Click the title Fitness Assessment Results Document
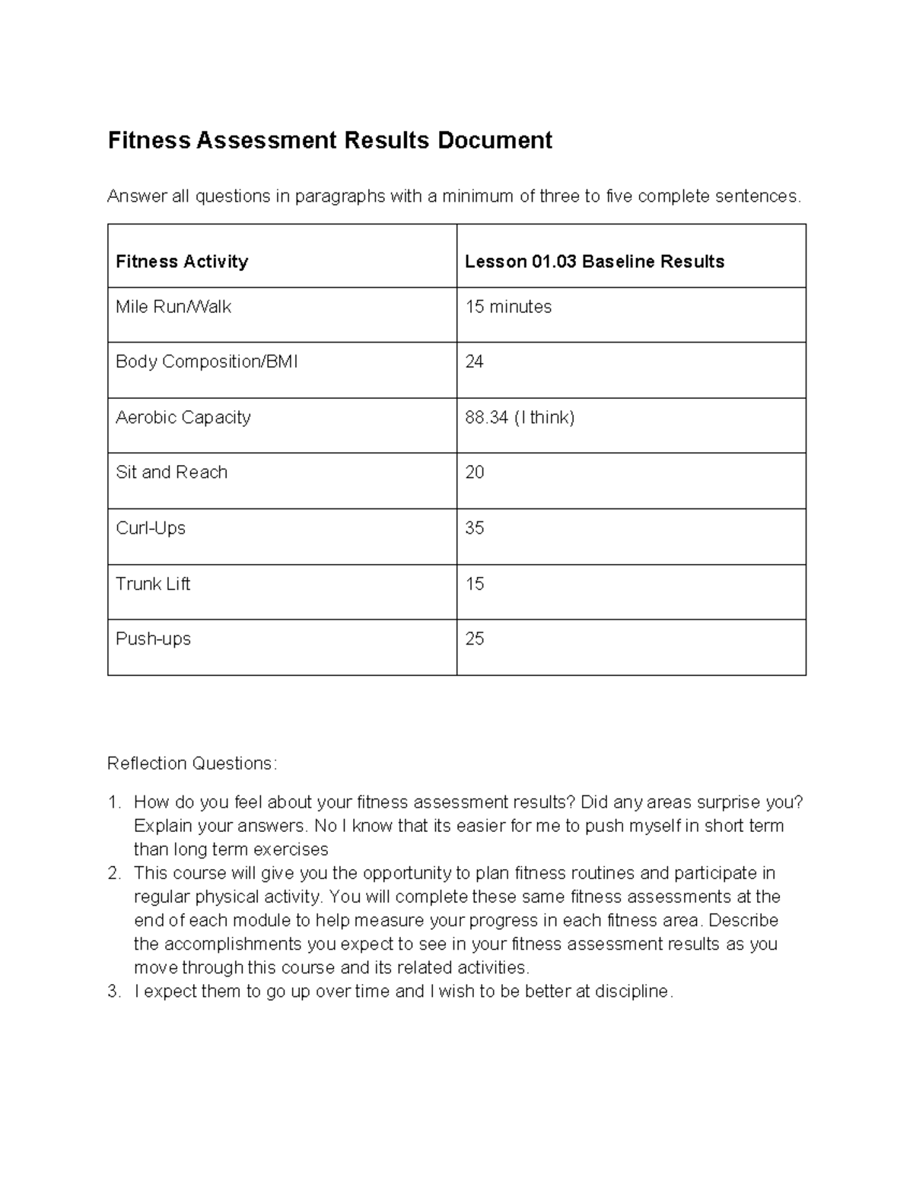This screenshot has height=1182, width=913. (329, 141)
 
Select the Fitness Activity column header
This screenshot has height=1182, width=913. (182, 262)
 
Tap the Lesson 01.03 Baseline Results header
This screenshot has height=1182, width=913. (594, 262)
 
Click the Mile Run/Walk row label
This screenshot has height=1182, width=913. (173, 307)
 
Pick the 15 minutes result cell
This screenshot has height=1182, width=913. (508, 307)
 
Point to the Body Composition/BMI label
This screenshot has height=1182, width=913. (206, 362)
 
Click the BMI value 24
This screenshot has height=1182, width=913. (474, 362)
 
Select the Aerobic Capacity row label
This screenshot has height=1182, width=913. (183, 418)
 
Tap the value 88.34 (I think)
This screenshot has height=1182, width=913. (520, 418)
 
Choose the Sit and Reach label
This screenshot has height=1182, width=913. (171, 473)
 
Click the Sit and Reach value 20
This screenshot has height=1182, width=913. (474, 473)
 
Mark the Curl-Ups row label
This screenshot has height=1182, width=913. (150, 528)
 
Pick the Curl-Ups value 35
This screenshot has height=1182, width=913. (474, 528)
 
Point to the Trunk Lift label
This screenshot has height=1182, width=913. (152, 584)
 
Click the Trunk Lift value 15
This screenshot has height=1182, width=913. (474, 584)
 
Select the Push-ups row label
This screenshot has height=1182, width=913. (153, 639)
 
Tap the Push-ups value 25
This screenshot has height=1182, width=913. (474, 639)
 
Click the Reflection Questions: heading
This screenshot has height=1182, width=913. (192, 763)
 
